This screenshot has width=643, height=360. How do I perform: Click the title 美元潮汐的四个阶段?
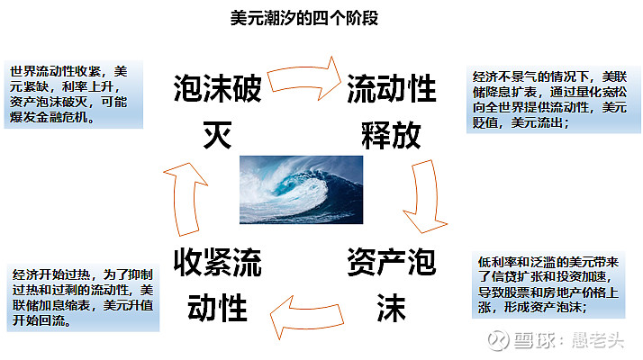coord(303,18)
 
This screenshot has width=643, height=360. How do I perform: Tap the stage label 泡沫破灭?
coord(217,111)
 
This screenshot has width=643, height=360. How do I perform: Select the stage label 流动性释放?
coord(391,111)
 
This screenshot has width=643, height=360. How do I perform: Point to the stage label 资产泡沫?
coord(391,285)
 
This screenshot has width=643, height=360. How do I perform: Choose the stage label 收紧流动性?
coord(217,285)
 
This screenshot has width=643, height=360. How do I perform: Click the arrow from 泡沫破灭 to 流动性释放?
coord(303,78)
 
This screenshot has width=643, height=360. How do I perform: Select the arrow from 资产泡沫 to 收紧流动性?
coord(306,317)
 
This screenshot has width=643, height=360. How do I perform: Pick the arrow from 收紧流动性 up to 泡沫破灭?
coord(186,199)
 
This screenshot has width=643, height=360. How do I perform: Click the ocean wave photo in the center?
coord(301,190)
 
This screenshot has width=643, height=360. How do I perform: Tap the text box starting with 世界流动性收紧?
coord(74,94)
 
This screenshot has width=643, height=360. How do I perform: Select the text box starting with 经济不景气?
coord(553,100)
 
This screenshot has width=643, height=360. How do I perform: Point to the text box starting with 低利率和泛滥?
coord(548,285)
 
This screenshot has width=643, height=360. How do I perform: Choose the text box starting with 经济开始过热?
coord(83,298)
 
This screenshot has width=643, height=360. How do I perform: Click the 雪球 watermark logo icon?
coord(498,340)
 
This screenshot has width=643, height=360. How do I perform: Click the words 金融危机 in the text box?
coord(62,117)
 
